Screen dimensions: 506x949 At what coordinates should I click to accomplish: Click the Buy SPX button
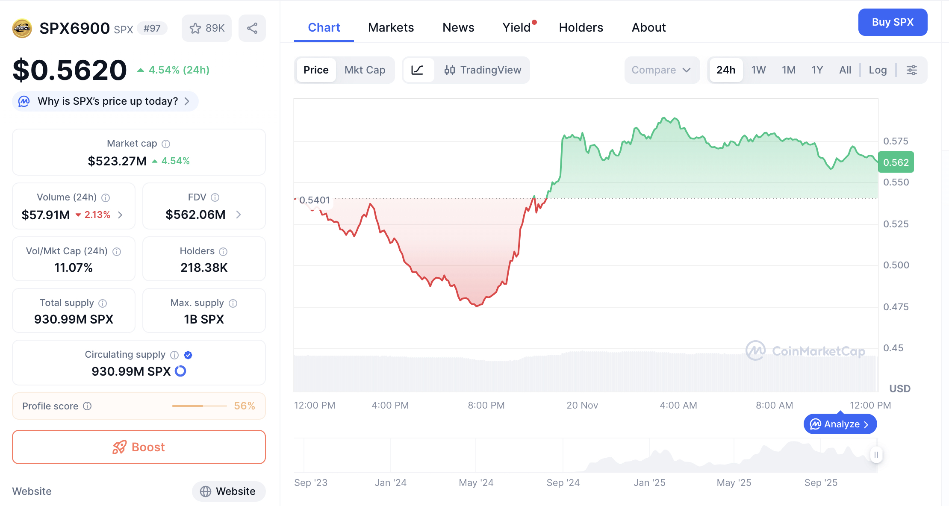[x=893, y=22]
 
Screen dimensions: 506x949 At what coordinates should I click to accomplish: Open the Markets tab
[x=391, y=27]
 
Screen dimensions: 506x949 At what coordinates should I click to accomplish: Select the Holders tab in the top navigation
[x=581, y=27]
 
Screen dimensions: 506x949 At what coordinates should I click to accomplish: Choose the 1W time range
[x=758, y=70]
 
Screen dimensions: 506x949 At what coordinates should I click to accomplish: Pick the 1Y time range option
[x=817, y=70]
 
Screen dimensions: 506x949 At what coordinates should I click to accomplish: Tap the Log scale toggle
[x=878, y=70]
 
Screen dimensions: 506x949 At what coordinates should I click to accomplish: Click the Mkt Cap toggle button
[x=365, y=70]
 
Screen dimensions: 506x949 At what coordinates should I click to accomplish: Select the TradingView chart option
[x=483, y=70]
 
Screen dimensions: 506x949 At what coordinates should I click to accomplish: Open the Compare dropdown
[x=661, y=70]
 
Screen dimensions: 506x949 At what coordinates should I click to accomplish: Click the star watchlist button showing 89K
[x=207, y=28]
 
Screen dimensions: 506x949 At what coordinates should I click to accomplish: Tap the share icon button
[x=252, y=28]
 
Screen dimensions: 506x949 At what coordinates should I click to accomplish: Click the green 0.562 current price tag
[x=896, y=162]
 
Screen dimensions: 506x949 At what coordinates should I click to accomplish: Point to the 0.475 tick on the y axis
[x=896, y=307]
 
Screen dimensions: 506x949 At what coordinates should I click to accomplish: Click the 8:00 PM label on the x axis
[x=486, y=405]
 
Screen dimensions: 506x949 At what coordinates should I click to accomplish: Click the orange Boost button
[x=139, y=447]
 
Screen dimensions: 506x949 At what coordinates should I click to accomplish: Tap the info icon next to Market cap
[x=166, y=144]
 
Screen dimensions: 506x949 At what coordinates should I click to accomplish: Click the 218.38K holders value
[x=204, y=268]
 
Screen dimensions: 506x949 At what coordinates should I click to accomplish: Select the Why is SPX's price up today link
[x=108, y=101]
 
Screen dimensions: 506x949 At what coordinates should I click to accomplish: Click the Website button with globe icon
[x=229, y=491]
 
